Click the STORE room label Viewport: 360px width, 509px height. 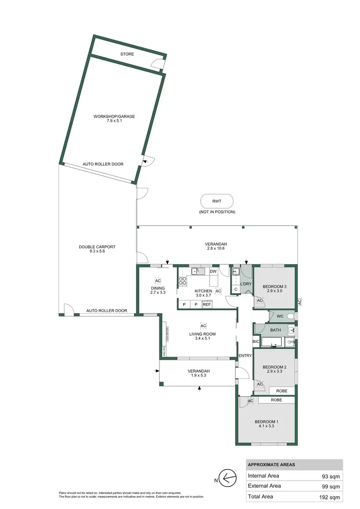pos(127,54)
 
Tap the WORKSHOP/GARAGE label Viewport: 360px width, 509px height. pos(114,117)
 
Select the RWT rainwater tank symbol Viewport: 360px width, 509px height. pos(217,201)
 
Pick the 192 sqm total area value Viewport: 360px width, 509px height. pos(330,497)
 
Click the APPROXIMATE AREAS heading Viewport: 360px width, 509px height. pos(272,465)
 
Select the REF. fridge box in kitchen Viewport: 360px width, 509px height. pos(207,304)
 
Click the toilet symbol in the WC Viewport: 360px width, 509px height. pos(291,316)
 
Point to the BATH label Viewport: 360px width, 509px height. pos(276,330)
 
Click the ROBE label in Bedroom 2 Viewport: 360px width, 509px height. pos(282,391)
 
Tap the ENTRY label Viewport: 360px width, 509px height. pos(245,355)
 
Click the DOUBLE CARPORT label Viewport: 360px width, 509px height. pos(97,247)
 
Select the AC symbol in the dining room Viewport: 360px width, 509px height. pos(157,280)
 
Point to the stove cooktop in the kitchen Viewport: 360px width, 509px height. pos(183,282)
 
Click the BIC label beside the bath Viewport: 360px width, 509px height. pos(256,341)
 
